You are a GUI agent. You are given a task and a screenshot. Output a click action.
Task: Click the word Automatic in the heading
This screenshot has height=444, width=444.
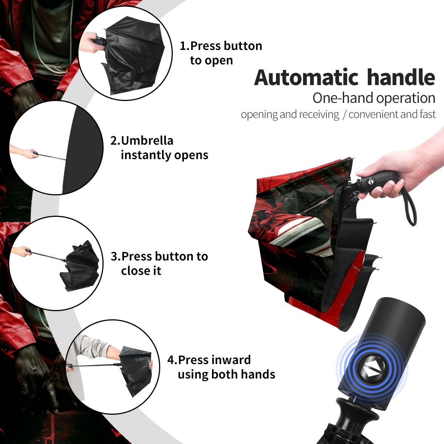(306, 77)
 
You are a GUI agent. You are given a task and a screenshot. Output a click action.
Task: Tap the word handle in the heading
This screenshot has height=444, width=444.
(401, 77)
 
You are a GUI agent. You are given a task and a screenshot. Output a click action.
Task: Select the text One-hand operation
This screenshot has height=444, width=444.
(374, 98)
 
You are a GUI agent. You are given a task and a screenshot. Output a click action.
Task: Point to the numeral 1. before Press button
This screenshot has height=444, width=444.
(184, 46)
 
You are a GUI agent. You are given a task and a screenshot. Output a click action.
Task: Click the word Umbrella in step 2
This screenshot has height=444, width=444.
(147, 141)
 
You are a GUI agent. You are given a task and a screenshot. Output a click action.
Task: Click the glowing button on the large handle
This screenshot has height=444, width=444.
(371, 371)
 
